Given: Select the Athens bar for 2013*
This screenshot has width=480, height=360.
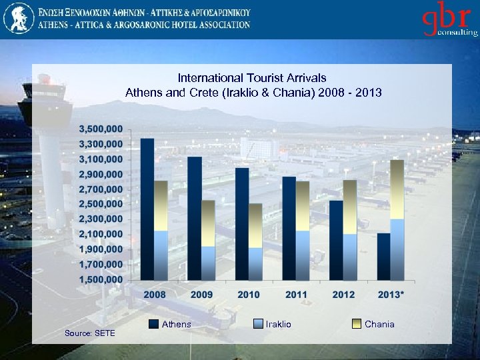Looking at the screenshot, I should pos(384,256).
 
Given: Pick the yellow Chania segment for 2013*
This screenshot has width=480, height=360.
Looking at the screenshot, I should pos(397,189).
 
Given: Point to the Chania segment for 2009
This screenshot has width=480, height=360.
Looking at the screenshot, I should pos(208,223).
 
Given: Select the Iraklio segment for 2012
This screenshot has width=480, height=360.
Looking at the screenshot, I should pos(350,256).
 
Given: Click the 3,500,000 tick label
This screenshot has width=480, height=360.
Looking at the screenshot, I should pos(101,128).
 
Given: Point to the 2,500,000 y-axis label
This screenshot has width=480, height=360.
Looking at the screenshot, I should pos(101,203).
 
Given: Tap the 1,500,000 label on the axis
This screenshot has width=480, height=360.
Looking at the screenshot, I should pos(101,279).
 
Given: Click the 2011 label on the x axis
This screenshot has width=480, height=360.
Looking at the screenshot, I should pos(296,295).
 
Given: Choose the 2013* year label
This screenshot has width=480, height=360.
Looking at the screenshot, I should pos(391,295).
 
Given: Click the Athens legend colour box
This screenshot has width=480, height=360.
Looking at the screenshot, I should pos(153,324).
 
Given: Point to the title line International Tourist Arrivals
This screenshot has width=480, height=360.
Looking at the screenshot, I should pos(252,78).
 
